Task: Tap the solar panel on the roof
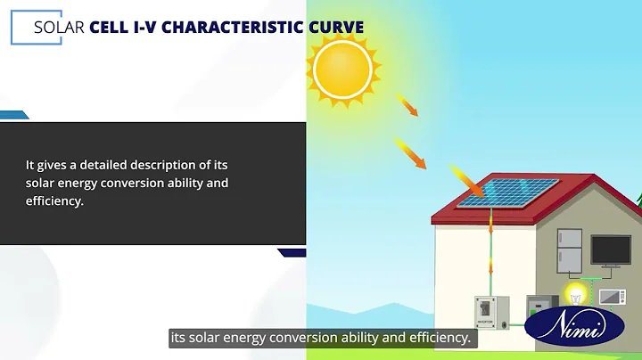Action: coord(508,192)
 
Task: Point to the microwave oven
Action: coord(612,297)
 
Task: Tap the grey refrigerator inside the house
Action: coord(569,250)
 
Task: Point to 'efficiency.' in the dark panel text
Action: coord(54,201)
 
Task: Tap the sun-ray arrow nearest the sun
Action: coord(407,104)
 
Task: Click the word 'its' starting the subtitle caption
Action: coord(179,339)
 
